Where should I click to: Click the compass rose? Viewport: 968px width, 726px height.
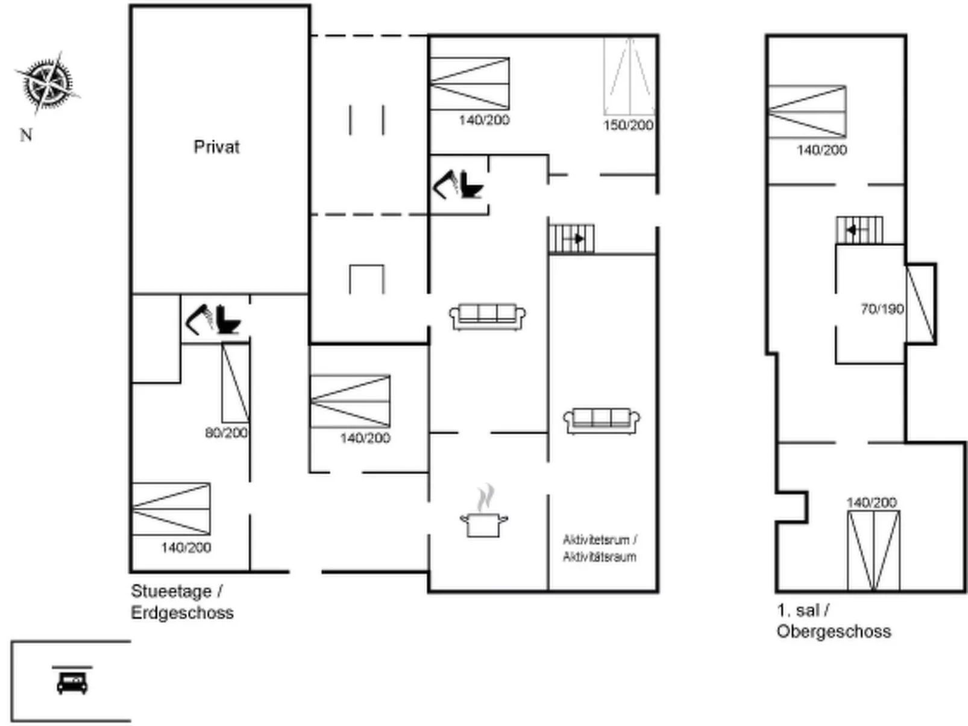(x=48, y=83)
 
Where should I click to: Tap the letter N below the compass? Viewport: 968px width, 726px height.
(x=27, y=135)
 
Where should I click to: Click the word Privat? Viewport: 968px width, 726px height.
(x=216, y=147)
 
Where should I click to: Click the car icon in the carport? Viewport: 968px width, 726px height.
(x=72, y=683)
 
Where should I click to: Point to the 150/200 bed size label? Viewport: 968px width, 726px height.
(x=628, y=125)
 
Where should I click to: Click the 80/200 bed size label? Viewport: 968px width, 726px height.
(x=226, y=433)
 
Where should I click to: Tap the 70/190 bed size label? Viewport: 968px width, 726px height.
(x=882, y=309)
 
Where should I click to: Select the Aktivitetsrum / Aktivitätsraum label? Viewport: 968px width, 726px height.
(x=600, y=548)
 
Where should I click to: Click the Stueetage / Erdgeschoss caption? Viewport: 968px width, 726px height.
(x=182, y=602)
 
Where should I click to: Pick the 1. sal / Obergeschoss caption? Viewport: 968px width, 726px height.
(x=834, y=621)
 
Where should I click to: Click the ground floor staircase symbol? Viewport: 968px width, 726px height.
(x=571, y=239)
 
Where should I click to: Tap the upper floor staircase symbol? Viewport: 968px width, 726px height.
(x=860, y=230)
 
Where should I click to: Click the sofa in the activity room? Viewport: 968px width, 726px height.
(x=602, y=421)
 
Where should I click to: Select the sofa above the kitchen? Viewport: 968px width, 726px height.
(x=487, y=316)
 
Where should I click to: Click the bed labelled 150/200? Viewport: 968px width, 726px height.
(x=630, y=77)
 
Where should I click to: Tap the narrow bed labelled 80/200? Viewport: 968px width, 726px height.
(x=236, y=383)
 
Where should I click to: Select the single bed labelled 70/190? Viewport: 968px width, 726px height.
(x=921, y=304)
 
